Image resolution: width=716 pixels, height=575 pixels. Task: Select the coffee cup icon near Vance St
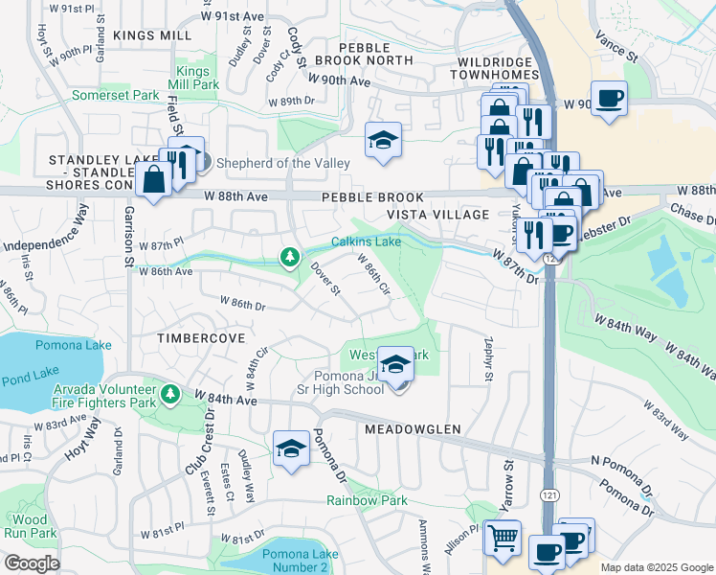click(x=609, y=98)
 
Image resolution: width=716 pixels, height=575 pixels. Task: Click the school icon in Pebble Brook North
click(x=383, y=141)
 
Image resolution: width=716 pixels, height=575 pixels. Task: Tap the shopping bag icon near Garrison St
click(x=153, y=178)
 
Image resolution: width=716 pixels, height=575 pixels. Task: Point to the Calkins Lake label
click(x=367, y=241)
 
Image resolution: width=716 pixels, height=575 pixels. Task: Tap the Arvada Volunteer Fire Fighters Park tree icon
click(x=169, y=394)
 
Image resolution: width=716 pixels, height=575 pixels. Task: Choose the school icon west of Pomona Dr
click(x=291, y=448)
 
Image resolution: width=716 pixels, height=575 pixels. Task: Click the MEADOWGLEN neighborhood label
click(x=413, y=429)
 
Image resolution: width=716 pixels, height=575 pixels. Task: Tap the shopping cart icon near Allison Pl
click(x=502, y=538)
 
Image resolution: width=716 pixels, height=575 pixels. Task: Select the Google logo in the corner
click(x=32, y=563)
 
